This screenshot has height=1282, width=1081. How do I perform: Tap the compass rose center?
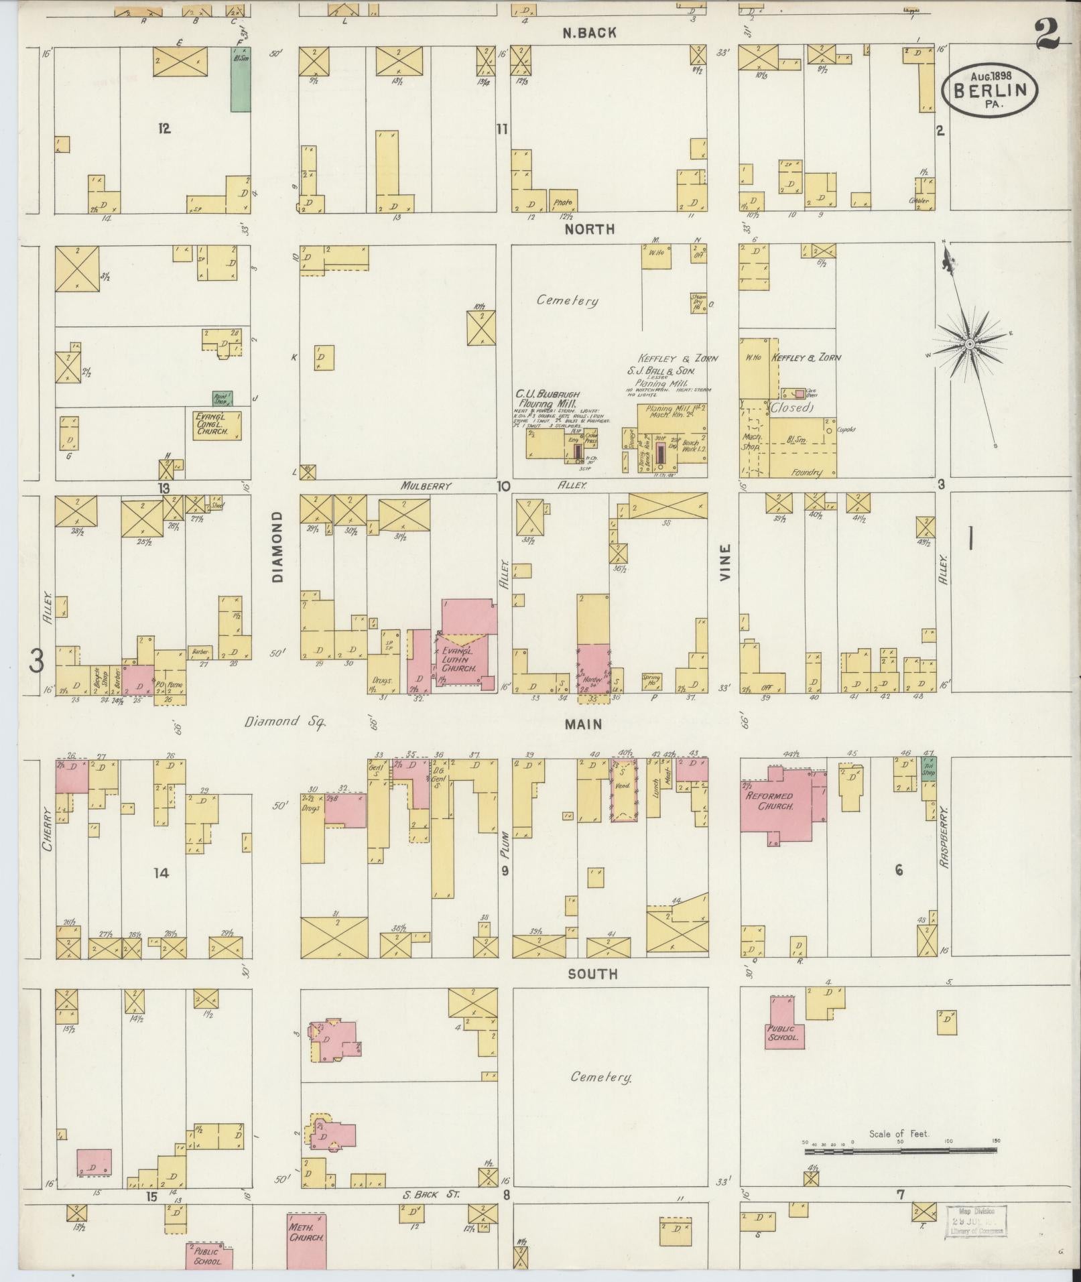tap(969, 344)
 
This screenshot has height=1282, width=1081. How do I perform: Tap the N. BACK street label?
tap(588, 33)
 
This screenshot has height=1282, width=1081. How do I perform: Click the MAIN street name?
tap(583, 724)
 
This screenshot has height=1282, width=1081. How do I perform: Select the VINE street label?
tap(725, 562)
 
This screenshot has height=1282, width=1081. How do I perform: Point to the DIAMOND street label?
tap(278, 546)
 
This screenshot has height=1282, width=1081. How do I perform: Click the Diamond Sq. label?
tap(284, 722)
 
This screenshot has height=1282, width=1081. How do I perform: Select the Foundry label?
tap(806, 472)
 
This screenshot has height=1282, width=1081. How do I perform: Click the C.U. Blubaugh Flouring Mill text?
tap(547, 399)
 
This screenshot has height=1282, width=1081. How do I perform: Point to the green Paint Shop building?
tap(222, 399)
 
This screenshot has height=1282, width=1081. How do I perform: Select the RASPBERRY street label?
tap(944, 838)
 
